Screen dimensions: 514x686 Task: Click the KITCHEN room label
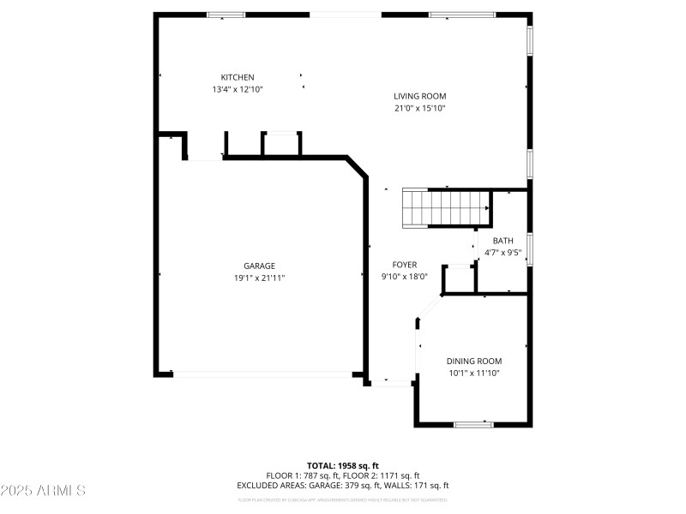click(x=238, y=77)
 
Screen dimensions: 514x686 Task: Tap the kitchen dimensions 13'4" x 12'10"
click(x=238, y=89)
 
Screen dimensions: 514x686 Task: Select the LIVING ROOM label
click(x=419, y=96)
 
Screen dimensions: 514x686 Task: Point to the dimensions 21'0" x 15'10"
click(x=419, y=108)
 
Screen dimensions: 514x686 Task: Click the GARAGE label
click(x=258, y=266)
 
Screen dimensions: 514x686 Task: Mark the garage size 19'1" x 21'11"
click(x=258, y=278)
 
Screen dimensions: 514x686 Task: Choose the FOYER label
click(x=405, y=265)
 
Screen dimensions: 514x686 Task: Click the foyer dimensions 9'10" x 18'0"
click(x=405, y=277)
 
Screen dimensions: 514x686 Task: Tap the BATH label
click(x=502, y=241)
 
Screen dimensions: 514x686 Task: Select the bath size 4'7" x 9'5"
click(x=502, y=253)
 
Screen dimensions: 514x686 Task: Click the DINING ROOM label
click(x=474, y=361)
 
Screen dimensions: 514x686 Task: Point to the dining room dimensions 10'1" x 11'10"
click(x=474, y=373)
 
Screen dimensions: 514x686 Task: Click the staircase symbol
click(x=446, y=208)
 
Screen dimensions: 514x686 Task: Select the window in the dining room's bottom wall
click(x=473, y=424)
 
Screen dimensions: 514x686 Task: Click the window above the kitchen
click(x=226, y=15)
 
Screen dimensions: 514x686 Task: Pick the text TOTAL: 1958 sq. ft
click(x=342, y=465)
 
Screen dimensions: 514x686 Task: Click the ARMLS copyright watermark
click(x=43, y=491)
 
